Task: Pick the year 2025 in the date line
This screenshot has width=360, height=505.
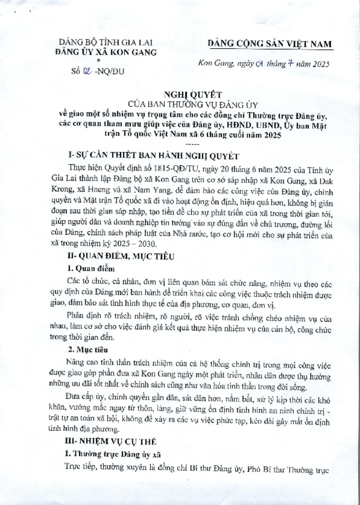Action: (318, 64)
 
